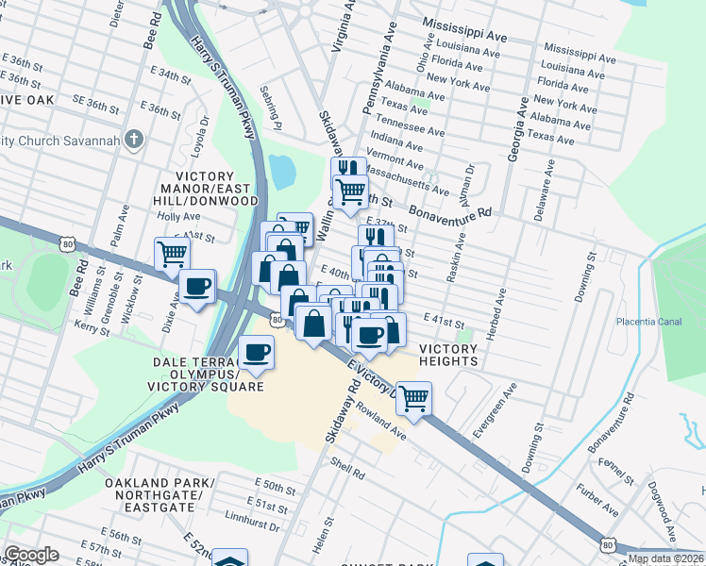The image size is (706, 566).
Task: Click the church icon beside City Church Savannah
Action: [135, 141]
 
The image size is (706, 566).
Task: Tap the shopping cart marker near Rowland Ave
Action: [413, 398]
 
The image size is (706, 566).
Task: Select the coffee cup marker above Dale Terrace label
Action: [256, 353]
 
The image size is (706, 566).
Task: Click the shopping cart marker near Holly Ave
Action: [172, 253]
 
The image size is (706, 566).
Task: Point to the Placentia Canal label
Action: [648, 322]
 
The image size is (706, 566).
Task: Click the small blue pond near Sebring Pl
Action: [282, 171]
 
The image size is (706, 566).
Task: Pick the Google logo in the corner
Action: [30, 555]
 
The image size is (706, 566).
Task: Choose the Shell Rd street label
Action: [341, 465]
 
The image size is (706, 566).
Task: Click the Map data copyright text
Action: [665, 558]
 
